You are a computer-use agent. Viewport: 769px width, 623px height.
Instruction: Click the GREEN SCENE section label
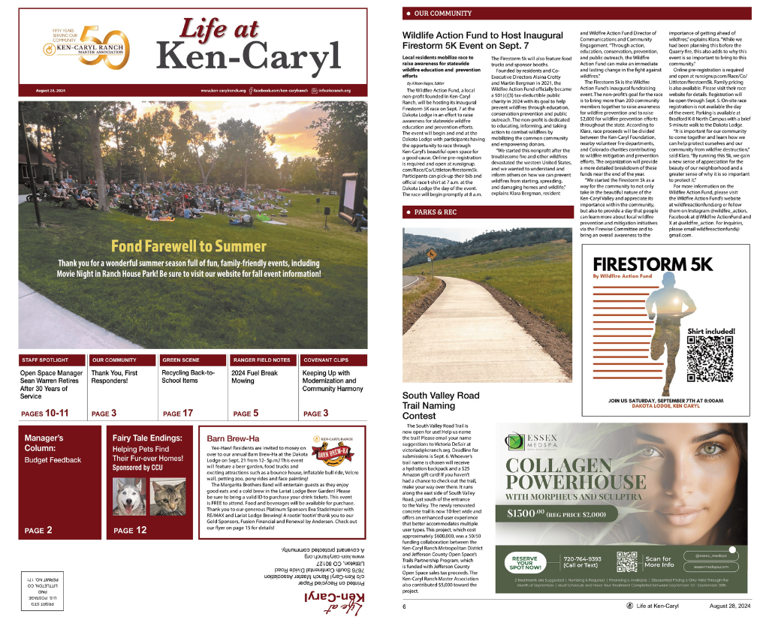click(182, 360)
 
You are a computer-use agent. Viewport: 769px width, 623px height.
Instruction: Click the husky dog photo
click(128, 496)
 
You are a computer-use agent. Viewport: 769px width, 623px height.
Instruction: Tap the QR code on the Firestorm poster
click(710, 358)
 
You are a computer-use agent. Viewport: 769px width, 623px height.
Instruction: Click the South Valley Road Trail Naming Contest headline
click(440, 405)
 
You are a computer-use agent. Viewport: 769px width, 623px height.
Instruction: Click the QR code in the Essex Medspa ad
click(626, 562)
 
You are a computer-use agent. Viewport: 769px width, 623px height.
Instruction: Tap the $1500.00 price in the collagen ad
click(532, 513)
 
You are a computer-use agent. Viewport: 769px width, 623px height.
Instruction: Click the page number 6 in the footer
click(404, 606)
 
